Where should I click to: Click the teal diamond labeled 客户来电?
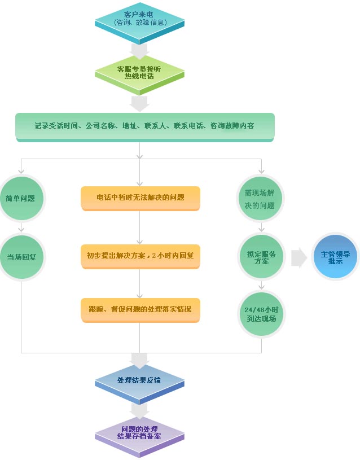pyautogui.click(x=139, y=18)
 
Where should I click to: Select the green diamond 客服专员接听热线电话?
pyautogui.click(x=139, y=72)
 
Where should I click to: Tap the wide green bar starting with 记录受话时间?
pyautogui.click(x=144, y=126)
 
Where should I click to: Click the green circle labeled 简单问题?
pyautogui.click(x=21, y=198)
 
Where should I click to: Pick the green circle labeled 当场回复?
pyautogui.click(x=21, y=257)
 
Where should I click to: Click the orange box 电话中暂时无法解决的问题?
pyautogui.click(x=140, y=198)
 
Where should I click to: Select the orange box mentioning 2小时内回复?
pyautogui.click(x=140, y=255)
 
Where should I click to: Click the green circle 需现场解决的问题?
pyautogui.click(x=261, y=198)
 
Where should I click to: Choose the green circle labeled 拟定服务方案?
pyautogui.click(x=261, y=257)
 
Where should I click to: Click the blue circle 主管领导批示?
pyautogui.click(x=335, y=257)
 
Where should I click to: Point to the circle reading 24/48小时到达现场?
pyautogui.click(x=261, y=314)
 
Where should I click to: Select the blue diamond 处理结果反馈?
pyautogui.click(x=139, y=380)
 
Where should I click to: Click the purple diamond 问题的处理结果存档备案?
pyautogui.click(x=139, y=432)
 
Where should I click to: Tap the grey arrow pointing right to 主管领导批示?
pyautogui.click(x=299, y=257)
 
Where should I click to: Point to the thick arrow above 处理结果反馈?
pyautogui.click(x=139, y=359)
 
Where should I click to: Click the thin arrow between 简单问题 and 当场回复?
pyautogui.click(x=21, y=227)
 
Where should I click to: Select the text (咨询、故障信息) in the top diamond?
pyautogui.click(x=139, y=23)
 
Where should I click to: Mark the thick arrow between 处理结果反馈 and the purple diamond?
pyautogui.click(x=139, y=409)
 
